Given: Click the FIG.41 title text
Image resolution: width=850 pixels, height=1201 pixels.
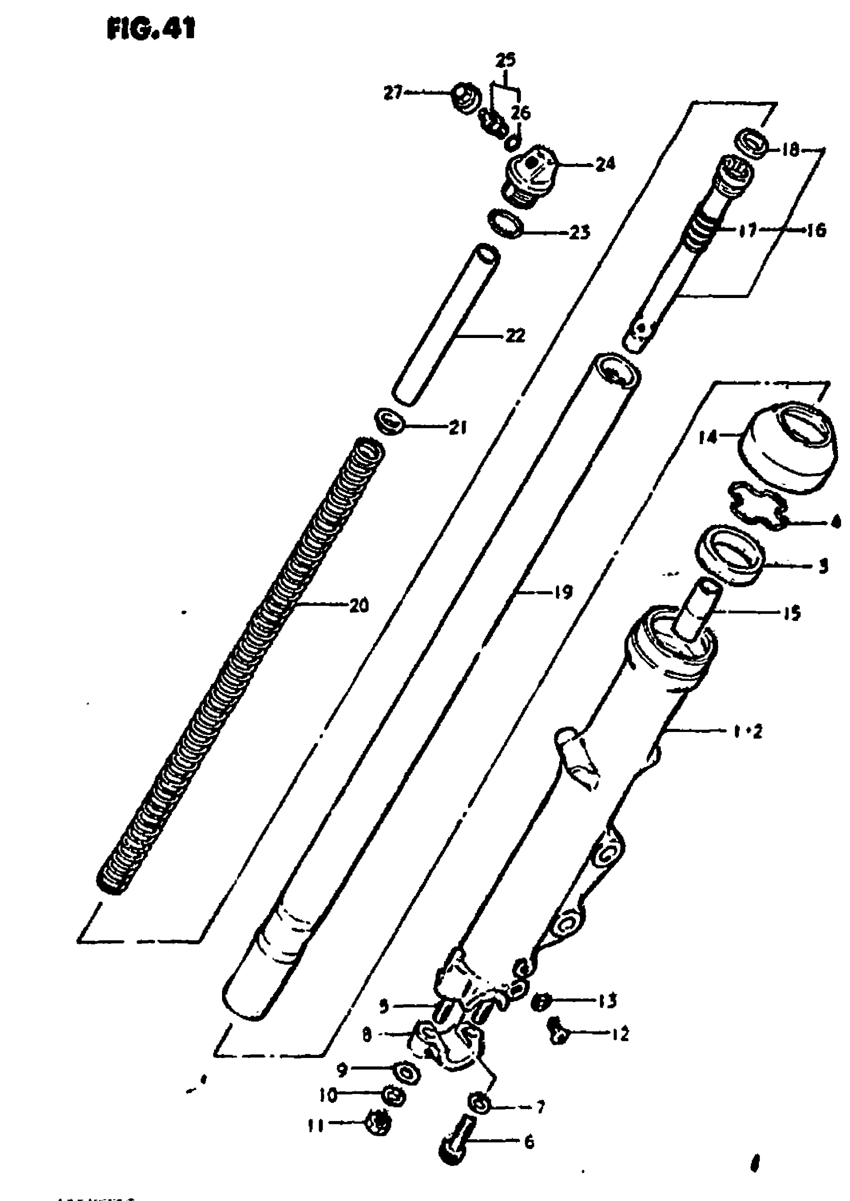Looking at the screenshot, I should tap(150, 30).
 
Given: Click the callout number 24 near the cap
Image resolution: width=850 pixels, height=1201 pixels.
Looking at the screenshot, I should tap(604, 164).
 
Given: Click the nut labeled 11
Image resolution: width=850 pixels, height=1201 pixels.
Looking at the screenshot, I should tap(380, 1122).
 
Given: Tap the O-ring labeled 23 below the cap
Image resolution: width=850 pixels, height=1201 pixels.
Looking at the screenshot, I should tap(506, 223).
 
